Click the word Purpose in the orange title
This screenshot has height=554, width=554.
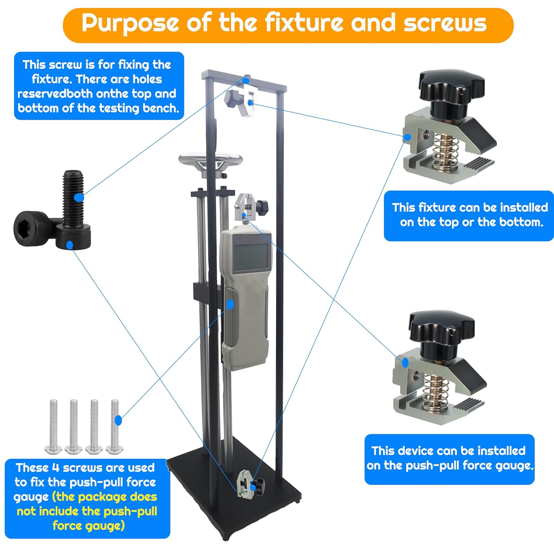click(x=130, y=23)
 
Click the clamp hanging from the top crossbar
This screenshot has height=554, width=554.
click(x=240, y=99)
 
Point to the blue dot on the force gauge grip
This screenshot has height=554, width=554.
click(x=230, y=304)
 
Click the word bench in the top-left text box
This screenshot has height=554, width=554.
click(x=161, y=108)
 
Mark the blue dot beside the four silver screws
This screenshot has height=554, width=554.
click(x=119, y=420)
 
